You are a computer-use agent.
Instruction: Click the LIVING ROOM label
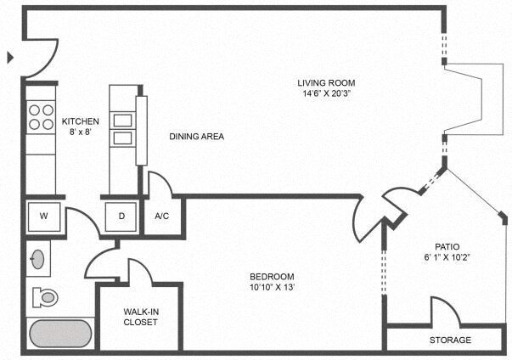click(x=325, y=82)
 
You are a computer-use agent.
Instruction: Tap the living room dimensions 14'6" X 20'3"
click(x=325, y=93)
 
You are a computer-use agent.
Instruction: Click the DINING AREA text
click(x=196, y=136)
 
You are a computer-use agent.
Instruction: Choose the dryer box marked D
click(x=121, y=216)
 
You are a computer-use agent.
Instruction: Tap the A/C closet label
click(x=162, y=216)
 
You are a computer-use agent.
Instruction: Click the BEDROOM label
click(x=272, y=277)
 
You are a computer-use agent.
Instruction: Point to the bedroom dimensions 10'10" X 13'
click(x=272, y=288)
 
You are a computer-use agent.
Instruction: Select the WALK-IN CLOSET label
click(x=140, y=317)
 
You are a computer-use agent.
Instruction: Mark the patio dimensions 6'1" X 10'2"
click(x=447, y=257)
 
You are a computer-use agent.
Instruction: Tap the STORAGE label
click(x=449, y=340)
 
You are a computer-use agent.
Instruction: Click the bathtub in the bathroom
click(x=60, y=333)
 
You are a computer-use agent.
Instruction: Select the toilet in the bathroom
click(x=43, y=296)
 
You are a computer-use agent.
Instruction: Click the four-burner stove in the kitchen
click(x=40, y=116)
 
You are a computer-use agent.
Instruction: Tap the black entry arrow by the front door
click(x=10, y=58)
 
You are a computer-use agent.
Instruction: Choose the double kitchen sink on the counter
click(x=123, y=127)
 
